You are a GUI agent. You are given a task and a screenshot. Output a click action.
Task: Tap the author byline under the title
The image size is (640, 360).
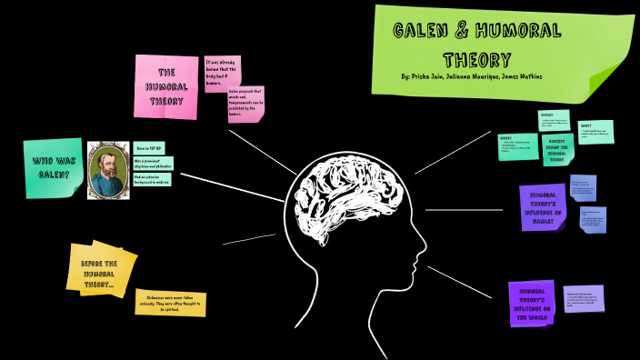471,77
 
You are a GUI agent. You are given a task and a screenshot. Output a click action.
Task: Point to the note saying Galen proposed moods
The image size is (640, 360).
246,105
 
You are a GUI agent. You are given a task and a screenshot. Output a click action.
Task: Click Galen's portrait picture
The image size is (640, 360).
108,169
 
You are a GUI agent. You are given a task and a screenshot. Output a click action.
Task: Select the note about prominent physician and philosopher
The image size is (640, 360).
153,163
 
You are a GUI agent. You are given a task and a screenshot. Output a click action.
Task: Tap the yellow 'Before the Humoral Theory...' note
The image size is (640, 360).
100,269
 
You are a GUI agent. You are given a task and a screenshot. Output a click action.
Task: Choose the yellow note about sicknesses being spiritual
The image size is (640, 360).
170,304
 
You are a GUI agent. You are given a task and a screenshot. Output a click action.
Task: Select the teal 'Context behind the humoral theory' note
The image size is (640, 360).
558,149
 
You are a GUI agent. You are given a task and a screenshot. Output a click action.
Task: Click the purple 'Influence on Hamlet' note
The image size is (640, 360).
543,206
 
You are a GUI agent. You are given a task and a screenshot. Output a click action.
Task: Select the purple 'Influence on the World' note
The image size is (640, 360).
532,303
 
